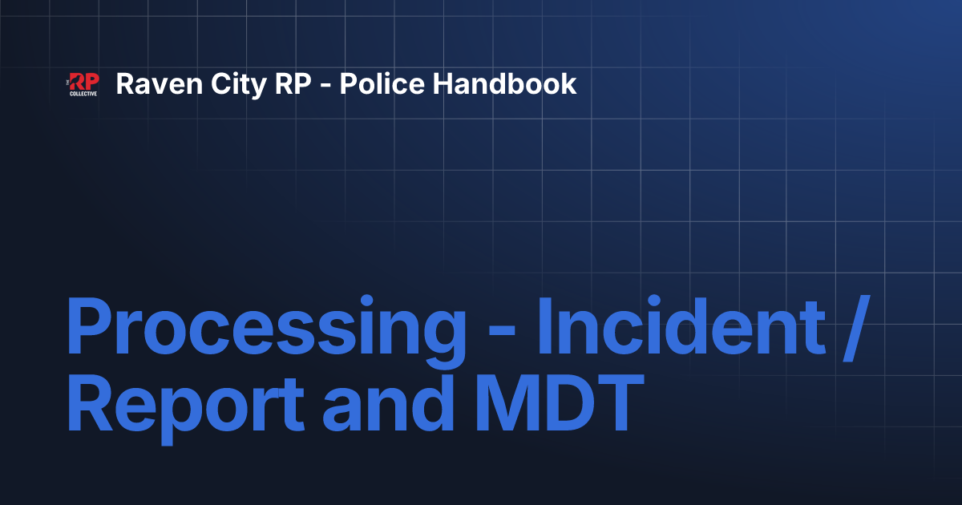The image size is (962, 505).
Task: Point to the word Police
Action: tap(382, 83)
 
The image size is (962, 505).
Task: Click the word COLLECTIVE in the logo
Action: tap(83, 94)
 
